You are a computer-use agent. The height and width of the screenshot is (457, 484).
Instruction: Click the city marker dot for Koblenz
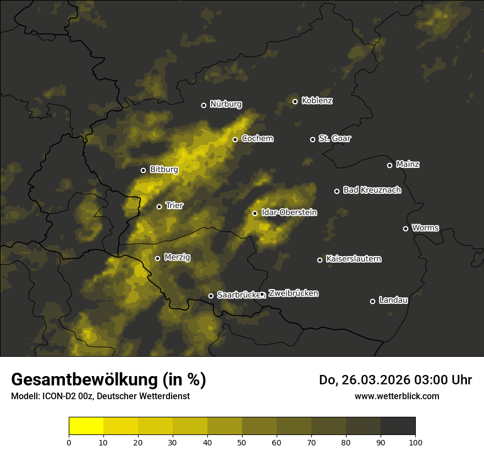pos(295,101)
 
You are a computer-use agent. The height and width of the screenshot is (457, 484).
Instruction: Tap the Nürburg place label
pos(226,104)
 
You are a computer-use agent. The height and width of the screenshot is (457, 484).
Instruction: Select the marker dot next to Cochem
pos(235,139)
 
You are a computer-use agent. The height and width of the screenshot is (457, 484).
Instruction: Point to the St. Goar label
pos(334,138)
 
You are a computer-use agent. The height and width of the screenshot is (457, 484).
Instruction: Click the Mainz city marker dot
pos(389,165)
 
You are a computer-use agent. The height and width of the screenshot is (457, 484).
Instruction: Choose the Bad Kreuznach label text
pos(372,190)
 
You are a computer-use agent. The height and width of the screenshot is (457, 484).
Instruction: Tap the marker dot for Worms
pos(405,228)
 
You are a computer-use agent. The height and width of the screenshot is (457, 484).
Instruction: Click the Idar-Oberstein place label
pos(289,212)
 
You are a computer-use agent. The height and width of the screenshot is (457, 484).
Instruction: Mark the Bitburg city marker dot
pos(143,170)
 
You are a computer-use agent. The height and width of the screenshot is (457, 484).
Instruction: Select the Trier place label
pos(174,205)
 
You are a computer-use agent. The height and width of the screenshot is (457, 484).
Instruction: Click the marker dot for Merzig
pos(157,258)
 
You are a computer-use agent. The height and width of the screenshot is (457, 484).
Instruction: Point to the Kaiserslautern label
pos(353,259)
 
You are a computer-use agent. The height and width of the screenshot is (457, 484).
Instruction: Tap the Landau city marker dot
pos(372,301)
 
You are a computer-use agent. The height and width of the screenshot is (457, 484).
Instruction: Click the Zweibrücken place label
pos(293,293)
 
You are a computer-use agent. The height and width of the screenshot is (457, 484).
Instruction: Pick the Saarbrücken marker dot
pos(211,296)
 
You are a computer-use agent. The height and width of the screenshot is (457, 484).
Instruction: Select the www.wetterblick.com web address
pos(397,396)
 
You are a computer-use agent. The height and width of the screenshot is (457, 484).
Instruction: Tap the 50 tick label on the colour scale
pos(242,442)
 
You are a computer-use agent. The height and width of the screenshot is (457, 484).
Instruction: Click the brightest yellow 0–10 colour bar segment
pos(86,426)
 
